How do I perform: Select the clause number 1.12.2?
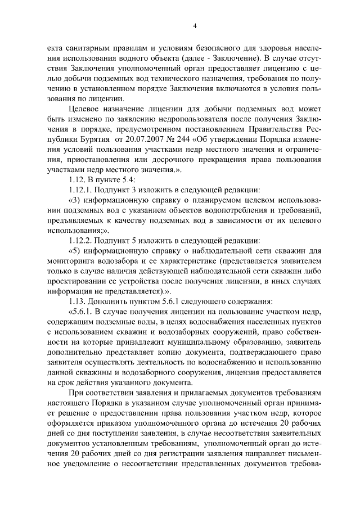click(81, 241)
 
